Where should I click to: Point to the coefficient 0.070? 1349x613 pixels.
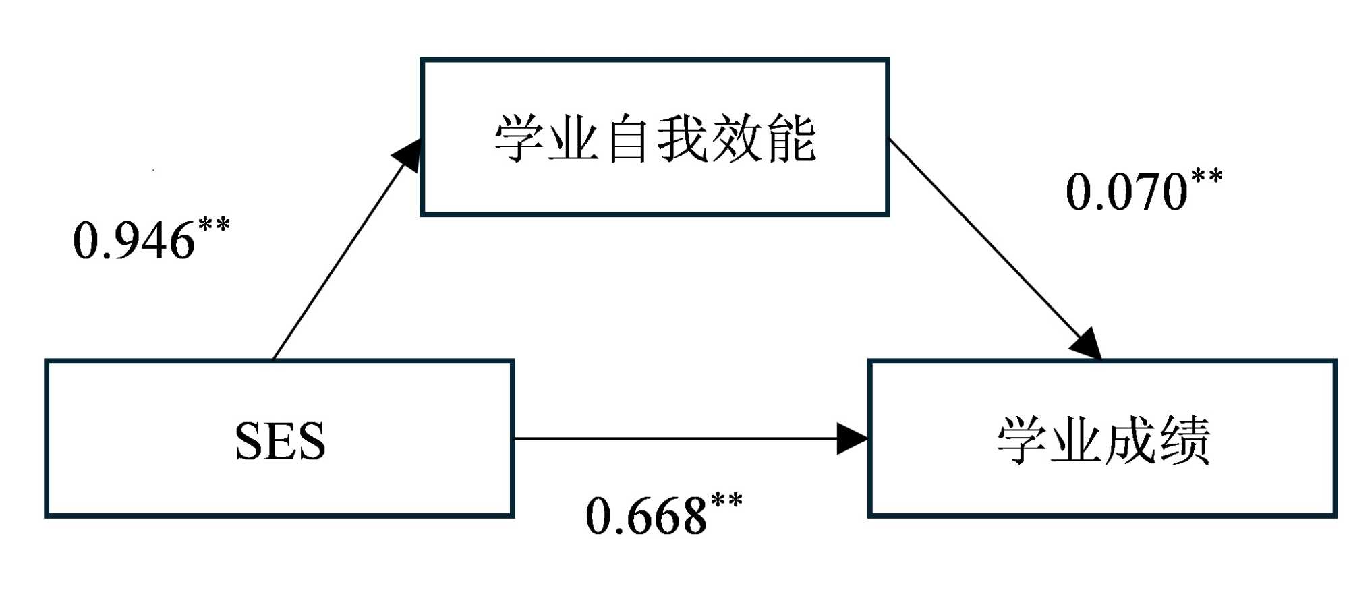[x=1126, y=192]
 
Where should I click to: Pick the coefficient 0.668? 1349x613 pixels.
[x=646, y=517]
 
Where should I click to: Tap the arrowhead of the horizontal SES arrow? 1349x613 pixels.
[x=852, y=438]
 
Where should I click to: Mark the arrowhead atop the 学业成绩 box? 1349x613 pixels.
[x=1087, y=344]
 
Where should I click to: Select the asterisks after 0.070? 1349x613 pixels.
[x=1207, y=177]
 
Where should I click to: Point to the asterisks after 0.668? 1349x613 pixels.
[x=726, y=501]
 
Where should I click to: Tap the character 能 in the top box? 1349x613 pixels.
[x=791, y=138]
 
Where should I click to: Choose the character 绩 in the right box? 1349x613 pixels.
[x=1184, y=440]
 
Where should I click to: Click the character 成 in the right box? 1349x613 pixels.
[x=1130, y=440]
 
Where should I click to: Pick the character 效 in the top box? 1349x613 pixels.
[x=737, y=138]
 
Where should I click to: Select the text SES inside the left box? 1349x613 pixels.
[x=280, y=440]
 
